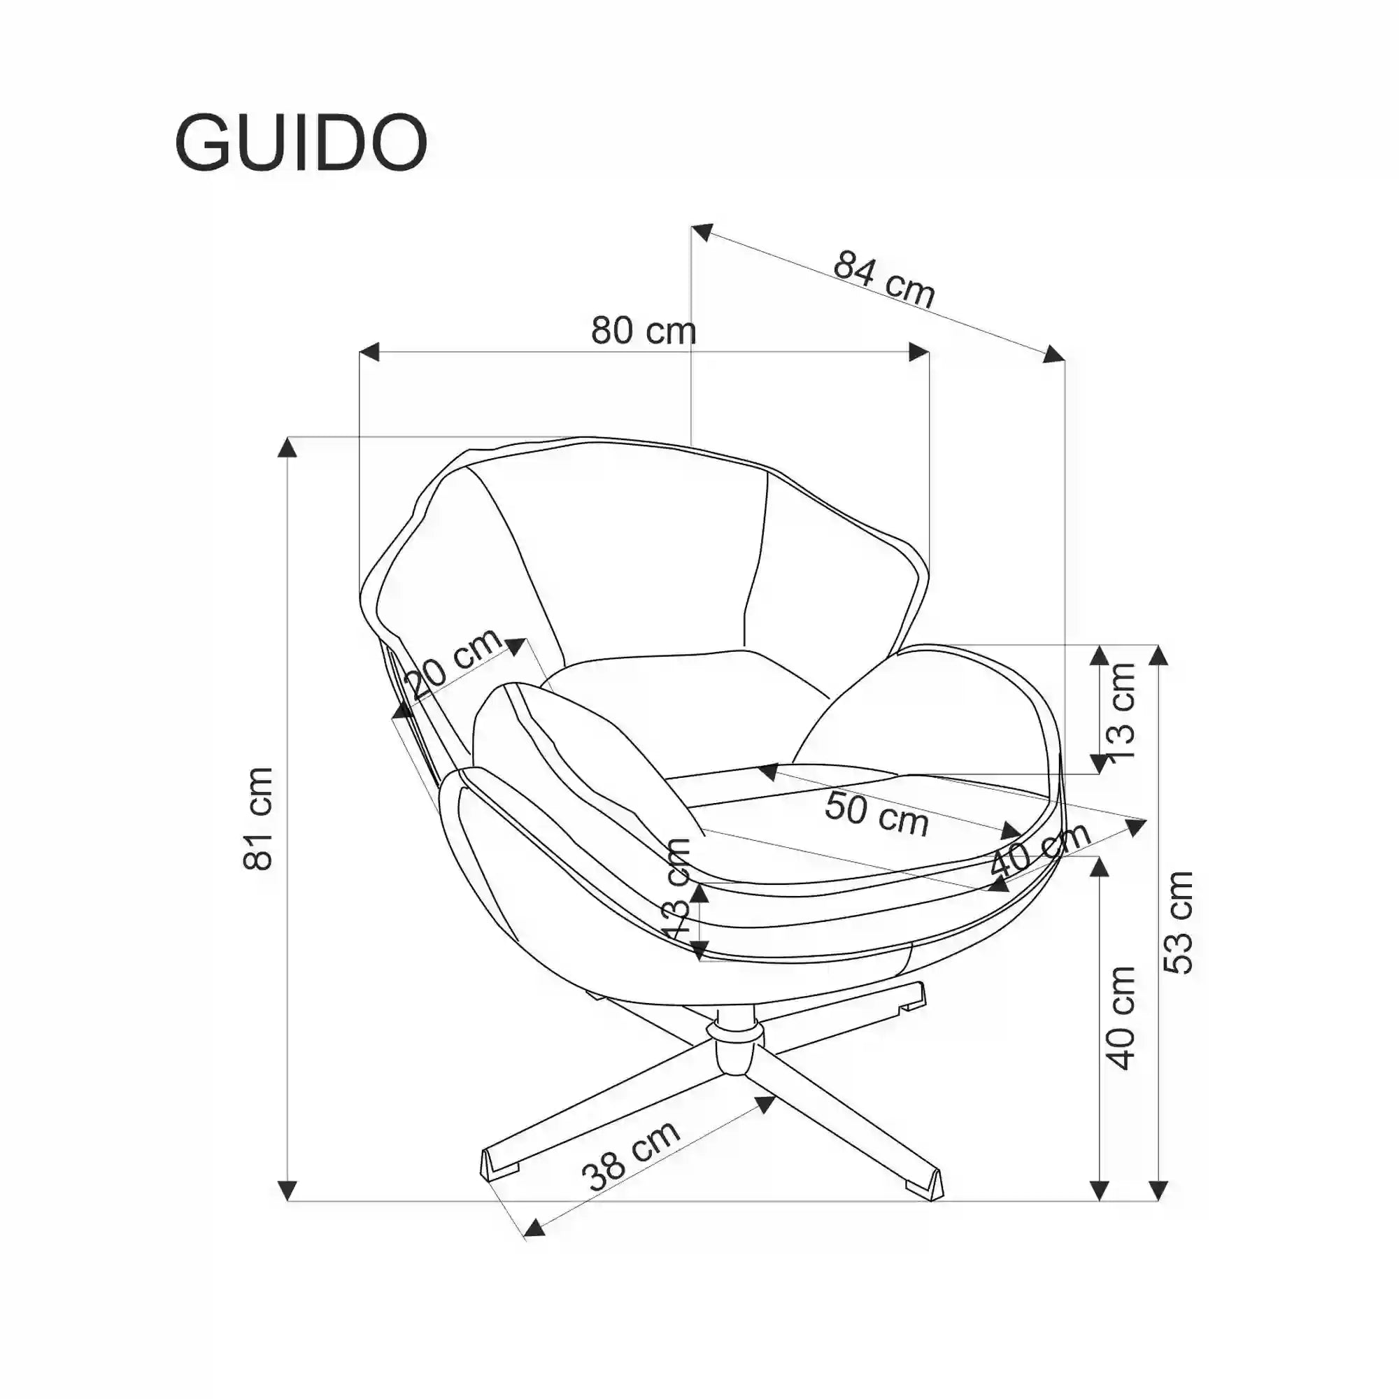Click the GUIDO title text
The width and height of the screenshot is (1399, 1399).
pyautogui.click(x=301, y=143)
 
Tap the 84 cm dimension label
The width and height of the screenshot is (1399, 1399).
pyautogui.click(x=884, y=278)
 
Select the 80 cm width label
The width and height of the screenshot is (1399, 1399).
pyautogui.click(x=643, y=330)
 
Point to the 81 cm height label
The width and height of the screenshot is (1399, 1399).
pyautogui.click(x=259, y=818)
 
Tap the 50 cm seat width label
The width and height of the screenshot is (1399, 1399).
pyautogui.click(x=876, y=815)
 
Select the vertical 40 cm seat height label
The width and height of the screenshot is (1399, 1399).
pyautogui.click(x=1120, y=1017)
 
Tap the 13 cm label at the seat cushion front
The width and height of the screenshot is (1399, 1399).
pyautogui.click(x=678, y=888)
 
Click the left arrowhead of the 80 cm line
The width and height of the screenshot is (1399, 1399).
pyautogui.click(x=369, y=353)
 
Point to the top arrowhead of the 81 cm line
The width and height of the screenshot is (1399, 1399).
pyautogui.click(x=287, y=448)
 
